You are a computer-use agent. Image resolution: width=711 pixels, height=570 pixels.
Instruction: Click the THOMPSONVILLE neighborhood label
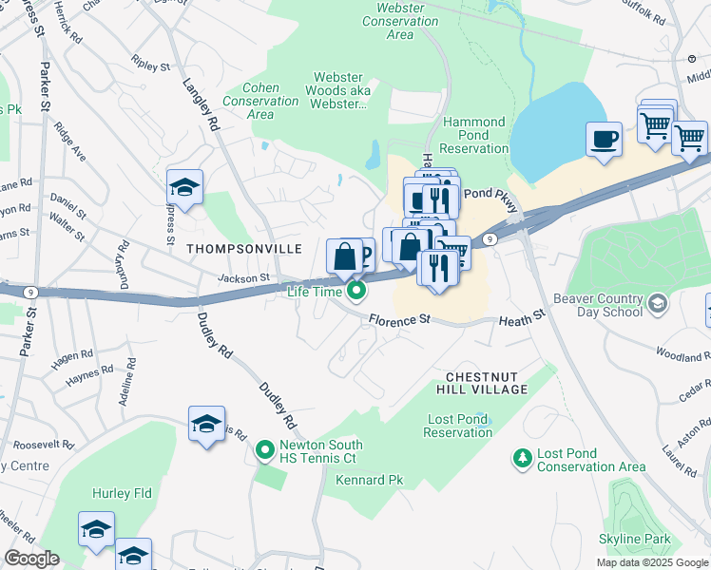(x=244, y=249)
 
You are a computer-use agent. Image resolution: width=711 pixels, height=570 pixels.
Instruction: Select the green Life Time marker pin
(x=356, y=291)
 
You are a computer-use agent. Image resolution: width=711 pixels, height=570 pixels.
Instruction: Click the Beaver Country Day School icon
(x=657, y=303)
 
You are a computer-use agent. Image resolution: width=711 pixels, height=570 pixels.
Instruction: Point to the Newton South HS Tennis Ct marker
(x=266, y=446)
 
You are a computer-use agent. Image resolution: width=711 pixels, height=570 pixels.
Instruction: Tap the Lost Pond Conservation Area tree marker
(x=521, y=460)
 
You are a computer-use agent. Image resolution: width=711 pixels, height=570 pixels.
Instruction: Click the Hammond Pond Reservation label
(x=474, y=135)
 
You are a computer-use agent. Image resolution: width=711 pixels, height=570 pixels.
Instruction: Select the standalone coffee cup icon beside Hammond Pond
(x=604, y=141)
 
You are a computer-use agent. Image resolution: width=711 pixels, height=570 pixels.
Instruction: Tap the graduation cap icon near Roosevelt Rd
(x=206, y=425)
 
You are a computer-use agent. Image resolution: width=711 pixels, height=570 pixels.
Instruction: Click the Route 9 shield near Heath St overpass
(x=488, y=240)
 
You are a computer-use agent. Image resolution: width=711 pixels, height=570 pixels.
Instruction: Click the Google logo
(x=31, y=559)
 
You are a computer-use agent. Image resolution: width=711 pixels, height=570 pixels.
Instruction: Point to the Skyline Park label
(x=634, y=540)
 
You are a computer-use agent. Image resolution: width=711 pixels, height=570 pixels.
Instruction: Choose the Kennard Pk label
(x=370, y=481)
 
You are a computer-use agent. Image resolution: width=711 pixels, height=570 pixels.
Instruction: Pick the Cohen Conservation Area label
(x=259, y=101)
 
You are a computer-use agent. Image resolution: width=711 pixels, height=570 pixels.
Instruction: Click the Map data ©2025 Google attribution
(x=651, y=562)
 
